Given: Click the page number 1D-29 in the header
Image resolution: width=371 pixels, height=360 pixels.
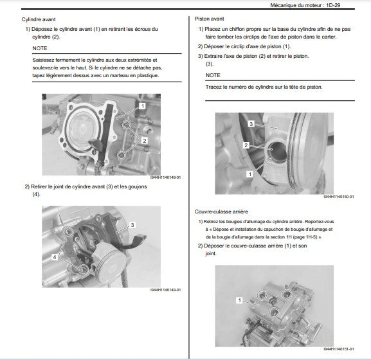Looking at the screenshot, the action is (x=333, y=5).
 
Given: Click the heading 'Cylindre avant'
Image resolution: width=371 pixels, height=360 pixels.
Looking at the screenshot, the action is (x=39, y=19).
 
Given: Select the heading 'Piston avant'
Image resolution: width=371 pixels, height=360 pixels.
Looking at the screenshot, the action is (x=210, y=19).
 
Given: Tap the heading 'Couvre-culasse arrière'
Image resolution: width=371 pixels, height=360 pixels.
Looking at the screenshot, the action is (x=221, y=212).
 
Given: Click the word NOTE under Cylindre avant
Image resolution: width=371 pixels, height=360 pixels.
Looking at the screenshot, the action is (x=40, y=48).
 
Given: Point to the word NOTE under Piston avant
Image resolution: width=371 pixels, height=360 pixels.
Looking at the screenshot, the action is (x=213, y=75).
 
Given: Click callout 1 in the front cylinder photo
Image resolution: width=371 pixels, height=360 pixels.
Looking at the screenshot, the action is (x=143, y=106).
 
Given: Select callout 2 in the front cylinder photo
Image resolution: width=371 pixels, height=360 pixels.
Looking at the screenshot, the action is (x=145, y=141).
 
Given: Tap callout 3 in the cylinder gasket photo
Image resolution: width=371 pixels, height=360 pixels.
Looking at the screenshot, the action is (x=132, y=225).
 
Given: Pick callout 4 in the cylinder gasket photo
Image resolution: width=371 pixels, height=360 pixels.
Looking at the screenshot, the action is (x=55, y=257).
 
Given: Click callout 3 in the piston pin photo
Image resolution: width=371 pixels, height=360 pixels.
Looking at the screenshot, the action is (x=251, y=124).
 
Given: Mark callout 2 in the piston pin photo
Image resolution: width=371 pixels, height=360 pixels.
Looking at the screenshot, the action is (x=246, y=145).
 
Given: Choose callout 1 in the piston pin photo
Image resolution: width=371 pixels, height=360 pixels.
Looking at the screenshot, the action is (x=250, y=174).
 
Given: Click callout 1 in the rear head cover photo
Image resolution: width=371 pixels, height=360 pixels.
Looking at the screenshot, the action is (x=239, y=300).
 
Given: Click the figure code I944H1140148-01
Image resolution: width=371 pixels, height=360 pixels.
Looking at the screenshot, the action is (x=166, y=177).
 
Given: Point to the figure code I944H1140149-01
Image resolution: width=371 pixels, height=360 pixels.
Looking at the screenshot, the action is (x=166, y=290).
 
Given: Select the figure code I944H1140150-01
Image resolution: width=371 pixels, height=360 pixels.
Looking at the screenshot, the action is (x=339, y=197).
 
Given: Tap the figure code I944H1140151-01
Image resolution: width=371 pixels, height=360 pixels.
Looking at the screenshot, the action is (x=339, y=349).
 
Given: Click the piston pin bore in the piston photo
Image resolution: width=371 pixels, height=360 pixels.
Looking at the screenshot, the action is (x=276, y=151).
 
